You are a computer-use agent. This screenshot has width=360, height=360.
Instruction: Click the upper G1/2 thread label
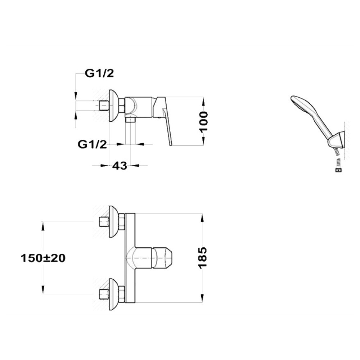[99, 73]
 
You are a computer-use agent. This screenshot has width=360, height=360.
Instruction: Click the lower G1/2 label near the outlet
[92, 144]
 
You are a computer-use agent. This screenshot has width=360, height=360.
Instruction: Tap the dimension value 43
[120, 166]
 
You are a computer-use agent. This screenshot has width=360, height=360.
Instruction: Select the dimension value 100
[203, 122]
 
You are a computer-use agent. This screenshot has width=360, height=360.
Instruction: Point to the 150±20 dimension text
[43, 258]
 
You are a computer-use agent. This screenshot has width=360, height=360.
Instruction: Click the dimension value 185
[203, 258]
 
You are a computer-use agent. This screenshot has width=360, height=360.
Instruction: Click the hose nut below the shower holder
[338, 170]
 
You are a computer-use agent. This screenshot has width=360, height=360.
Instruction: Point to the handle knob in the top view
[162, 258]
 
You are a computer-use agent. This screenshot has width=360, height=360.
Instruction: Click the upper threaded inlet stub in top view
[104, 222]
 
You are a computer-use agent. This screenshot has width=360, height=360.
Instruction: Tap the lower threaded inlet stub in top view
[104, 294]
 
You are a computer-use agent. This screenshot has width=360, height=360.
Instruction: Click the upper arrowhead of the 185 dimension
[202, 218]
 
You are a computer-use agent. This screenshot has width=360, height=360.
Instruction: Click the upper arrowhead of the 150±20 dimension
[43, 226]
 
